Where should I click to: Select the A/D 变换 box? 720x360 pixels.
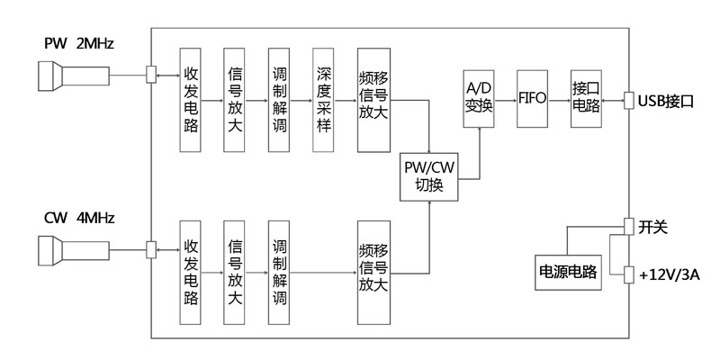pyautogui.click(x=479, y=97)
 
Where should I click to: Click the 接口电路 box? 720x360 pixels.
pyautogui.click(x=586, y=97)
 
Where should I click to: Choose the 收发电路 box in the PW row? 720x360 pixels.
pyautogui.click(x=191, y=99)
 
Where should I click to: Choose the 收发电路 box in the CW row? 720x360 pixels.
pyautogui.click(x=191, y=271)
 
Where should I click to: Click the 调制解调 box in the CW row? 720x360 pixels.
pyautogui.click(x=280, y=271)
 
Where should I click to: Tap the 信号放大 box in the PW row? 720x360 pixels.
pyautogui.click(x=236, y=99)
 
